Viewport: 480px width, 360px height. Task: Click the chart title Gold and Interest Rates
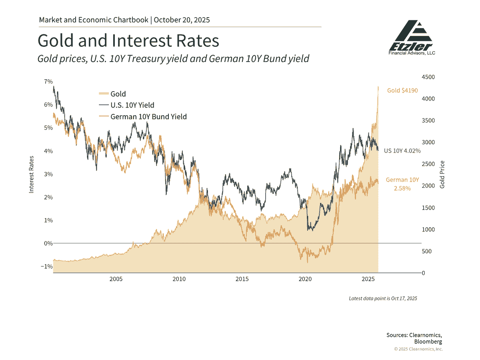pyautogui.click(x=128, y=41)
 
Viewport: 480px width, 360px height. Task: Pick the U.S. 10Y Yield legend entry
pyautogui.click(x=126, y=105)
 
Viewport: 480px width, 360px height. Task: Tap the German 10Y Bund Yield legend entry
pyautogui.click(x=142, y=117)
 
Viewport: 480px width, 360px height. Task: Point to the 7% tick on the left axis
pyautogui.click(x=48, y=82)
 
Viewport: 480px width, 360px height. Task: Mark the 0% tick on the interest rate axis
pyautogui.click(x=48, y=243)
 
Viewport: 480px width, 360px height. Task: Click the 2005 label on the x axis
pyautogui.click(x=116, y=278)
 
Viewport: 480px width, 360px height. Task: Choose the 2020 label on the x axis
pyautogui.click(x=305, y=278)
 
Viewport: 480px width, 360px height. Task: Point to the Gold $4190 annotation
pyautogui.click(x=402, y=90)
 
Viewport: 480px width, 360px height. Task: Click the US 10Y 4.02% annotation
pyautogui.click(x=402, y=151)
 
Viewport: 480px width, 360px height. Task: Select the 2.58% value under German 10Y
pyautogui.click(x=402, y=188)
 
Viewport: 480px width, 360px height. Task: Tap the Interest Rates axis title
pyautogui.click(x=31, y=174)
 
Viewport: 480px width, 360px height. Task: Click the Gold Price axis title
pyautogui.click(x=442, y=174)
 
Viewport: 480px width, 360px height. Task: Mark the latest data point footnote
pyautogui.click(x=383, y=298)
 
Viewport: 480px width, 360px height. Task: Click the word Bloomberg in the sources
pyautogui.click(x=428, y=342)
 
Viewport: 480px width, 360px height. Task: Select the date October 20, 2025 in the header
pyautogui.click(x=182, y=20)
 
